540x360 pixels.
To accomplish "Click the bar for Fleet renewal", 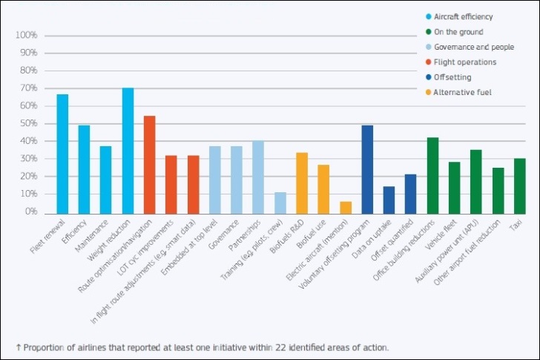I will [62, 153].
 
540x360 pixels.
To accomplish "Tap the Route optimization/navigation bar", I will [149, 164].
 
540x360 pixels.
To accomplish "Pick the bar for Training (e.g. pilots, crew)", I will [280, 202].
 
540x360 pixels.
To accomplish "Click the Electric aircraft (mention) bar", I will [345, 206].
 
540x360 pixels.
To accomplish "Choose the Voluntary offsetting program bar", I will [367, 168].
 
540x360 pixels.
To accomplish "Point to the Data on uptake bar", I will [389, 199].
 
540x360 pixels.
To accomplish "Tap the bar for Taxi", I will [519, 185].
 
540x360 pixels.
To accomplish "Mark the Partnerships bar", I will [258, 176].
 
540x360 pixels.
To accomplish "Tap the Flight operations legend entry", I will [465, 62].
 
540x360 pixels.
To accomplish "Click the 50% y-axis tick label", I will [27, 123].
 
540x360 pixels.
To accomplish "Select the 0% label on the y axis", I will [30, 212].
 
